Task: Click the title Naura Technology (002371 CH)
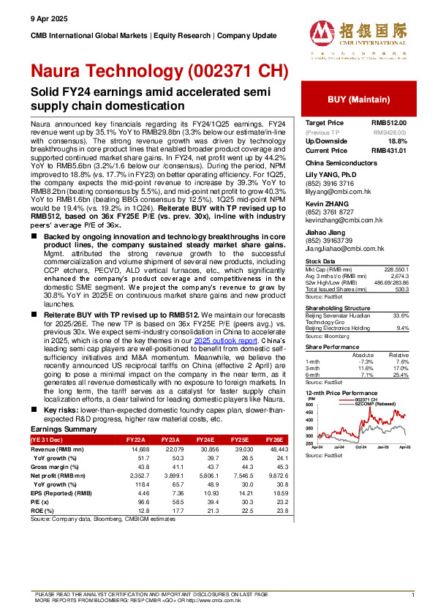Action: (x=160, y=71)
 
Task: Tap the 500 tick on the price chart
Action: (x=309, y=404)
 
